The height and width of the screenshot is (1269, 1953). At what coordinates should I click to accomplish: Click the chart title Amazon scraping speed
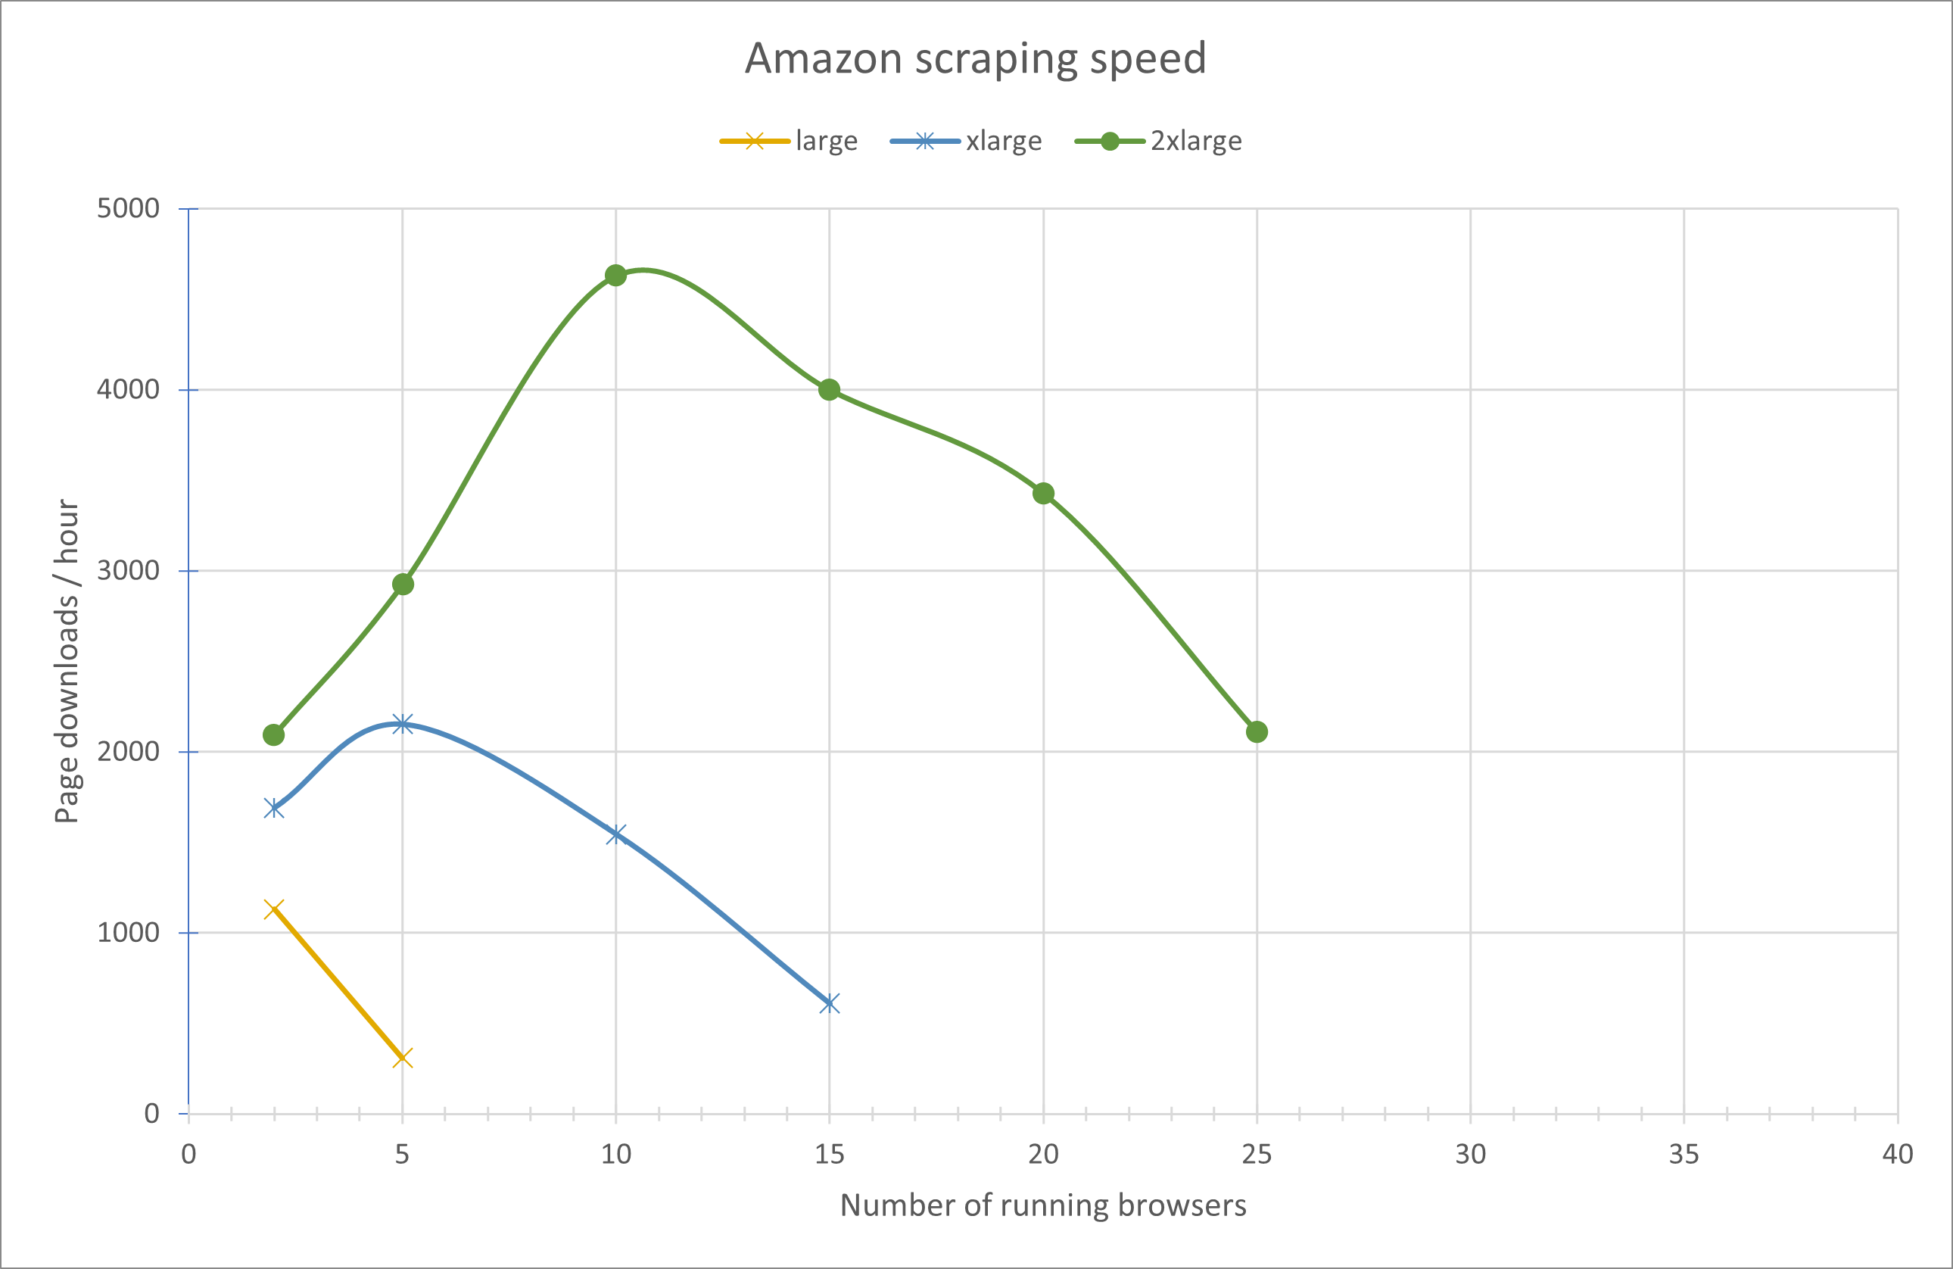click(975, 59)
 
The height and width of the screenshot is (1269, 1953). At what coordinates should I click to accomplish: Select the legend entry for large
click(789, 141)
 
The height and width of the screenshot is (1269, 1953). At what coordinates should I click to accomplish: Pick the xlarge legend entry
click(966, 141)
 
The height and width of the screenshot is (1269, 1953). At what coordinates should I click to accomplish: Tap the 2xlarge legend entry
click(1158, 141)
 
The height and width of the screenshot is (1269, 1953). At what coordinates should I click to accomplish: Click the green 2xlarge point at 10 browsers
click(615, 276)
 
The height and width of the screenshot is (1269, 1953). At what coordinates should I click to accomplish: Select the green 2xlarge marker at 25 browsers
click(1257, 731)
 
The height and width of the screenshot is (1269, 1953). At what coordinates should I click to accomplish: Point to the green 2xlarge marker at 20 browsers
click(1043, 494)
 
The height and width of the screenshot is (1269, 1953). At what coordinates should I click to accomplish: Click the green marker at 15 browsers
click(829, 390)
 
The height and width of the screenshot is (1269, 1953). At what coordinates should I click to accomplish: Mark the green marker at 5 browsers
click(402, 585)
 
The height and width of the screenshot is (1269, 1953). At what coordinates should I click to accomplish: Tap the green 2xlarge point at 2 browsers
click(274, 734)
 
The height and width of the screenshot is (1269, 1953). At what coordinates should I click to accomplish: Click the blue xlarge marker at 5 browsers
click(402, 724)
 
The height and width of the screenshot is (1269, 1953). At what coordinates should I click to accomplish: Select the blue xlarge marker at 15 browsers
click(829, 1003)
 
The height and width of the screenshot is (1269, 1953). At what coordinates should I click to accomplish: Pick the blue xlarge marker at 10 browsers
click(615, 835)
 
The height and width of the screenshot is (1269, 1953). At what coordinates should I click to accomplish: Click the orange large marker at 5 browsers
click(402, 1058)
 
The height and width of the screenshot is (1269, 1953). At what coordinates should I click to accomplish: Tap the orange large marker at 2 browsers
click(274, 909)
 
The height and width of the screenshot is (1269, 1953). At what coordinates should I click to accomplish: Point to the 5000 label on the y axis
click(128, 208)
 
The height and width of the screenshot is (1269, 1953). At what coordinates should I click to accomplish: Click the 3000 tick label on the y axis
click(128, 570)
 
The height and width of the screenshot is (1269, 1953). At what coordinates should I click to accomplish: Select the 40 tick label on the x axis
click(1897, 1155)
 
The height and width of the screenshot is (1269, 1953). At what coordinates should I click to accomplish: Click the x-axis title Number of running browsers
click(1042, 1205)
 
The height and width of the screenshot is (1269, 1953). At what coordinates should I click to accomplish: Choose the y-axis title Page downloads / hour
click(67, 661)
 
